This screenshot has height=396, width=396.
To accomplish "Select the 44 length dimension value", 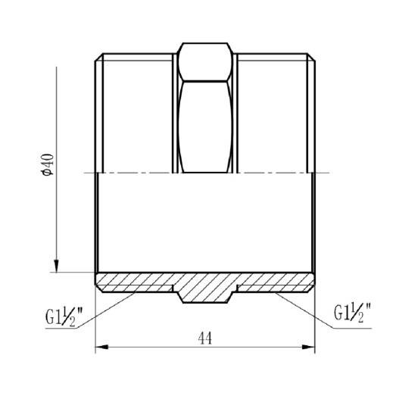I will coord(204,339).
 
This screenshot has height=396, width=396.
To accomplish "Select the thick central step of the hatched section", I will coord(205,292).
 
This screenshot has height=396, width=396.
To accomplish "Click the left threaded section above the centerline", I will coord(136,114).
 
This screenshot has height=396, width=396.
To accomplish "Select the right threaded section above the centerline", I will coord(274,114).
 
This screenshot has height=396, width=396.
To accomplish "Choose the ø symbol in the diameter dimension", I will coord(46,173).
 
